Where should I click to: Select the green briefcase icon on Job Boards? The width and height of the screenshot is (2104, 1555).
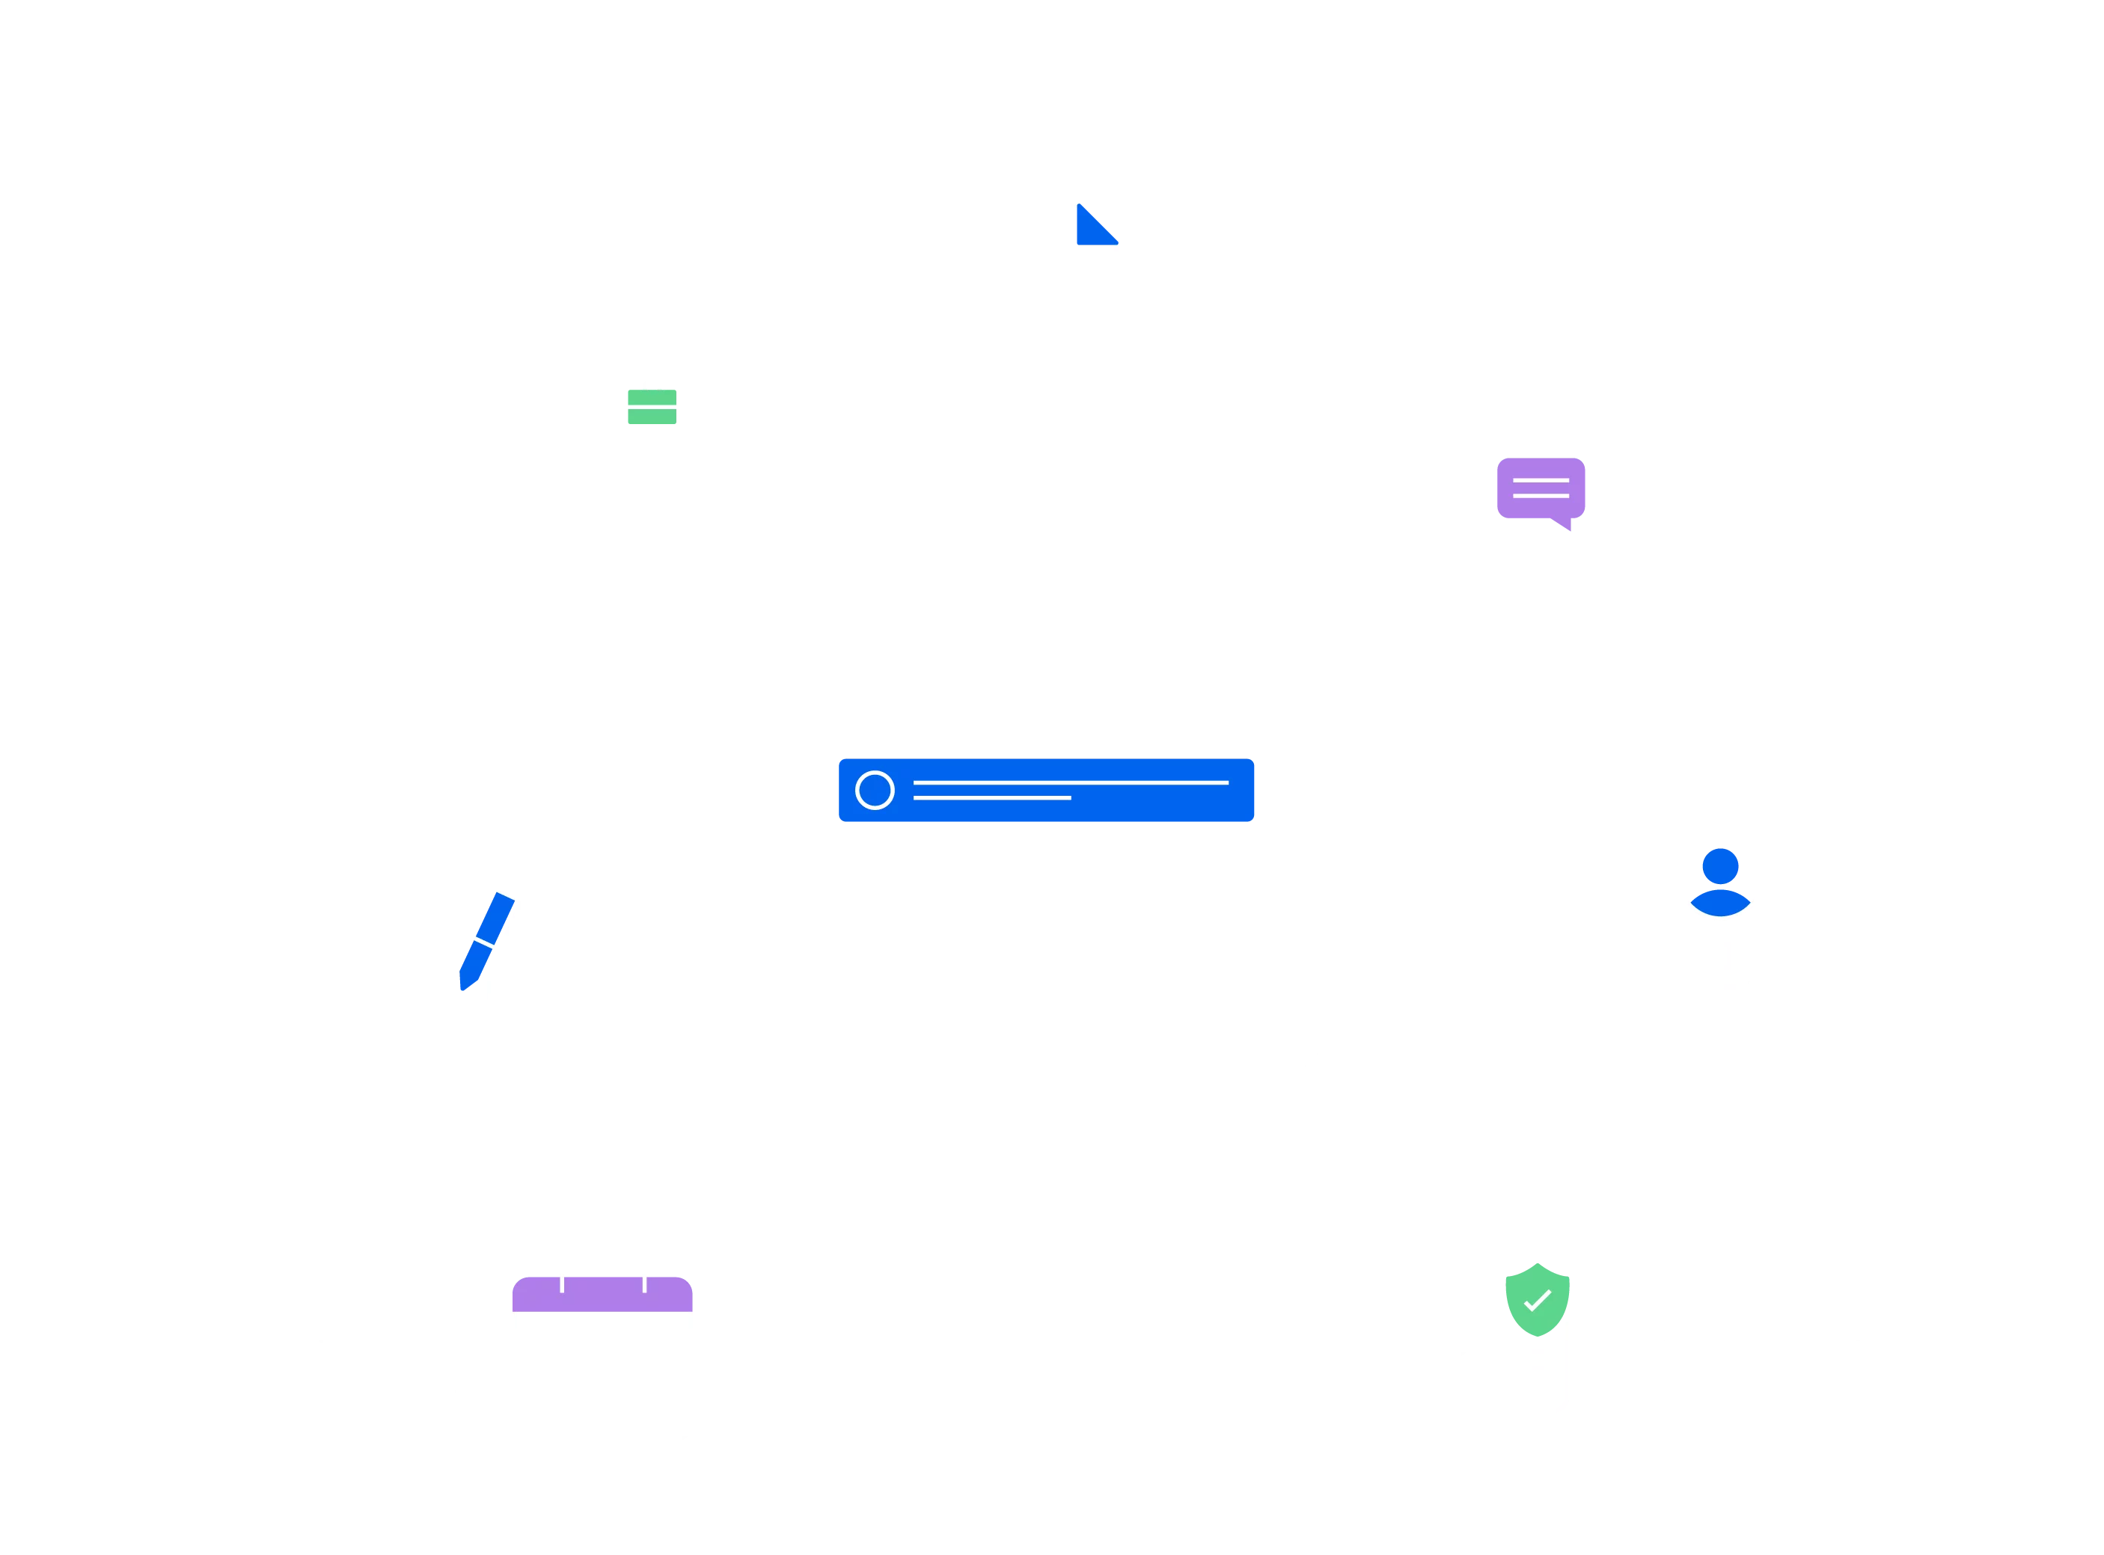coord(652,405)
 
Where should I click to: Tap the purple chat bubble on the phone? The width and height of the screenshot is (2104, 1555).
coord(1540,488)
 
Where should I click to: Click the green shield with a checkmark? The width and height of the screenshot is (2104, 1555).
coord(1538,1300)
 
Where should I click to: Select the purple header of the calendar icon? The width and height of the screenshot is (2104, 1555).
coord(602,1294)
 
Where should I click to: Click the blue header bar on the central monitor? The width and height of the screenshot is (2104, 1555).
coord(1047,791)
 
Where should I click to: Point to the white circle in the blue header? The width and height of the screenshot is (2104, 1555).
coord(875,791)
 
